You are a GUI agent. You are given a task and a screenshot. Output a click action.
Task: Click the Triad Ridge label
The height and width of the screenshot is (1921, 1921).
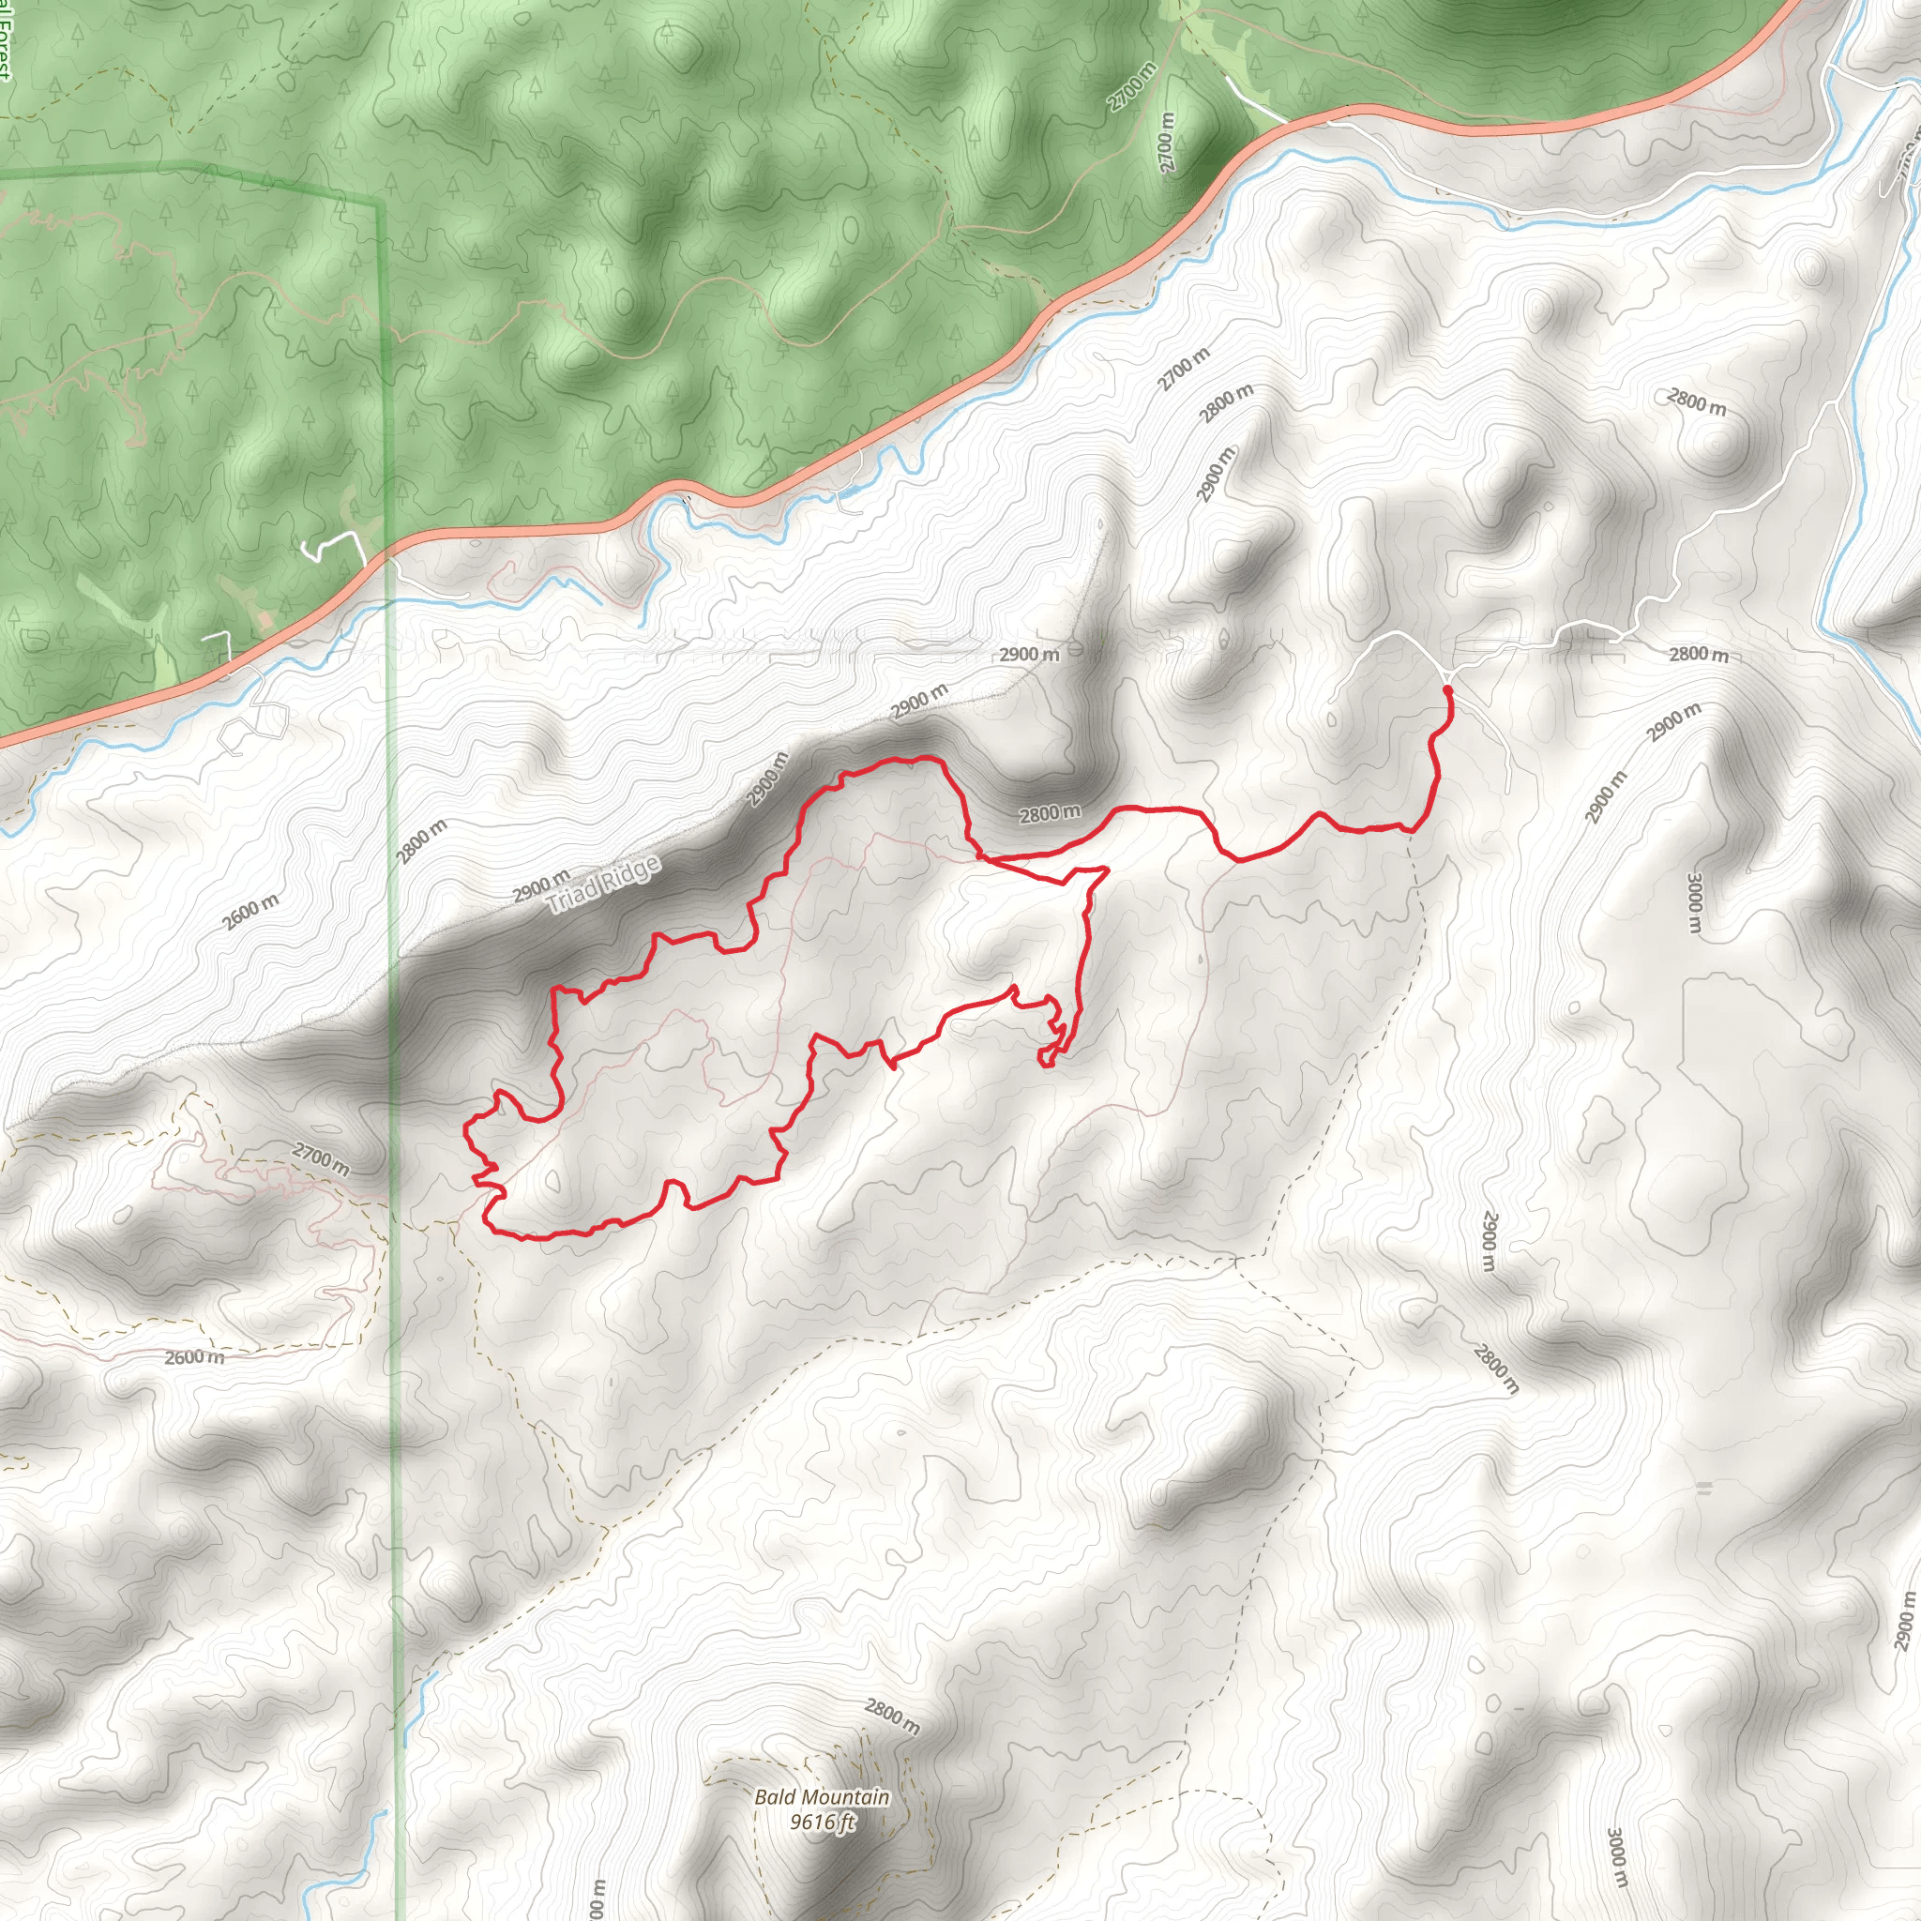click(603, 884)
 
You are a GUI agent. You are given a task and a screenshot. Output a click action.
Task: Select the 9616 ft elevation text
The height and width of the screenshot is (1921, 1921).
click(822, 1822)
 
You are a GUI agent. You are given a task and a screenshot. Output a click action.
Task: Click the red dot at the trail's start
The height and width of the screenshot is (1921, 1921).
click(1446, 689)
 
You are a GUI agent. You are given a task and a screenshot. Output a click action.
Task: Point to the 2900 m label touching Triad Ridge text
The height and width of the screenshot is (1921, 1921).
click(541, 884)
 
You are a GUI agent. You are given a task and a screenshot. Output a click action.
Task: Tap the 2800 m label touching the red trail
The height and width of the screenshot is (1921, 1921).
click(1049, 813)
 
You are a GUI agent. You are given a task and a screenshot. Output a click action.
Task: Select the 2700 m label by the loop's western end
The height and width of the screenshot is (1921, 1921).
click(320, 1158)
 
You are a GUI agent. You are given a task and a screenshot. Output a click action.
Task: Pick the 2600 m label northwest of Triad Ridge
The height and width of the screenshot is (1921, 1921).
click(250, 911)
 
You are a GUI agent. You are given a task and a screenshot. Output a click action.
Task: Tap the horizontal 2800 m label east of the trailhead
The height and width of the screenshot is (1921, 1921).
click(1699, 655)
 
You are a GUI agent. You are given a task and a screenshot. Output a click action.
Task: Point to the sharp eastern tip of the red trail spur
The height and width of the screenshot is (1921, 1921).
click(1107, 870)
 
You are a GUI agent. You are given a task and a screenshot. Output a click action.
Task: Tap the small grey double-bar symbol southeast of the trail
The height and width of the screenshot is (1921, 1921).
click(1704, 1489)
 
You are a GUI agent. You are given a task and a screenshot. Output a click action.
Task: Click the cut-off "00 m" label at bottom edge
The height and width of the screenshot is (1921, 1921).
click(597, 1899)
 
